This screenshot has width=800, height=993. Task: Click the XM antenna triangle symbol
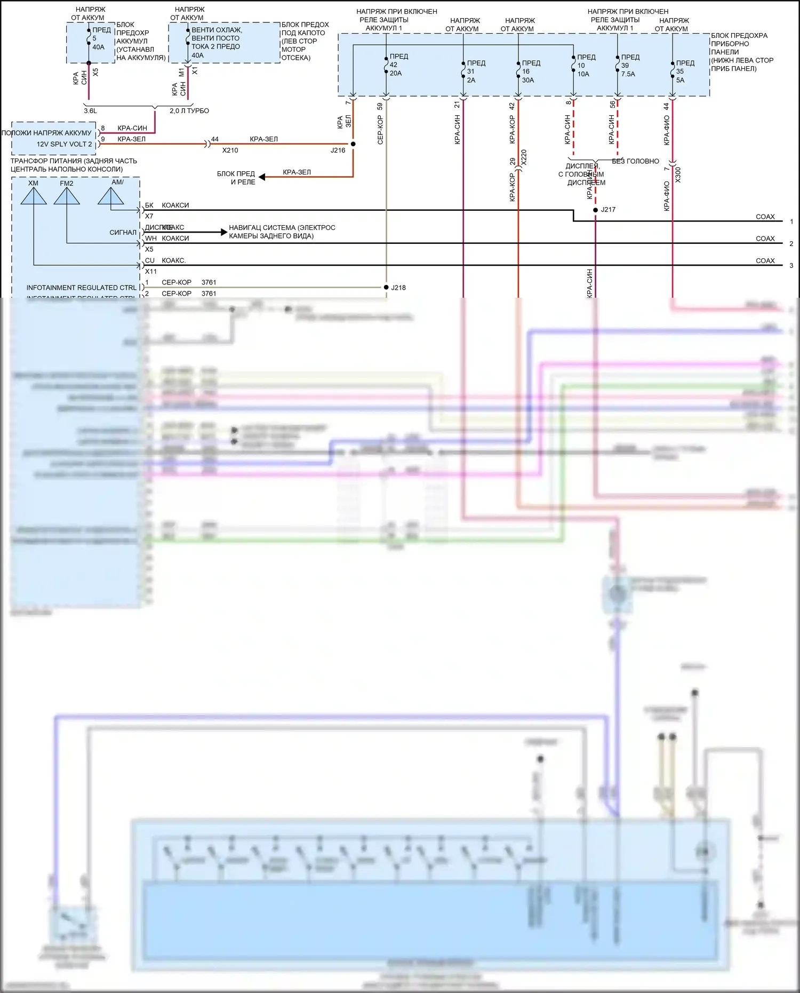[34, 196]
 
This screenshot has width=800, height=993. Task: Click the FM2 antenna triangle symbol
[67, 196]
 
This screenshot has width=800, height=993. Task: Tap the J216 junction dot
[353, 144]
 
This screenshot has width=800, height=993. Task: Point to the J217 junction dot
[595, 210]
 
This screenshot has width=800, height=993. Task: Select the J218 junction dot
[386, 288]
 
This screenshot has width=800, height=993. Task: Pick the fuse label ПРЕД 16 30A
[530, 72]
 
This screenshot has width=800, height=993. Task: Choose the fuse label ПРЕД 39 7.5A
[629, 66]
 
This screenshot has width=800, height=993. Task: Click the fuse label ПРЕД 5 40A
[100, 38]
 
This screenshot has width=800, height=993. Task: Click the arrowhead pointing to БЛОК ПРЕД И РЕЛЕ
[262, 177]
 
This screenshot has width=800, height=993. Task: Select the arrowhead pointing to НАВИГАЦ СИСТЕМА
[223, 232]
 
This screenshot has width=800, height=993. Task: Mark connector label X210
[230, 150]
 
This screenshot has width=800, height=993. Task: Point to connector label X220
[524, 158]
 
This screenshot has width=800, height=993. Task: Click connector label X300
[678, 175]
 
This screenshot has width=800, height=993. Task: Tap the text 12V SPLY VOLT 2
[64, 144]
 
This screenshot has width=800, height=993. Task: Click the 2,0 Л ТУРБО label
[189, 111]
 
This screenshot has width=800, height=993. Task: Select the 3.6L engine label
[90, 111]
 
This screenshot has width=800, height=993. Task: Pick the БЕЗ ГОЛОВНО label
[635, 161]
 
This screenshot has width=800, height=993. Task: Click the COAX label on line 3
[765, 261]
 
